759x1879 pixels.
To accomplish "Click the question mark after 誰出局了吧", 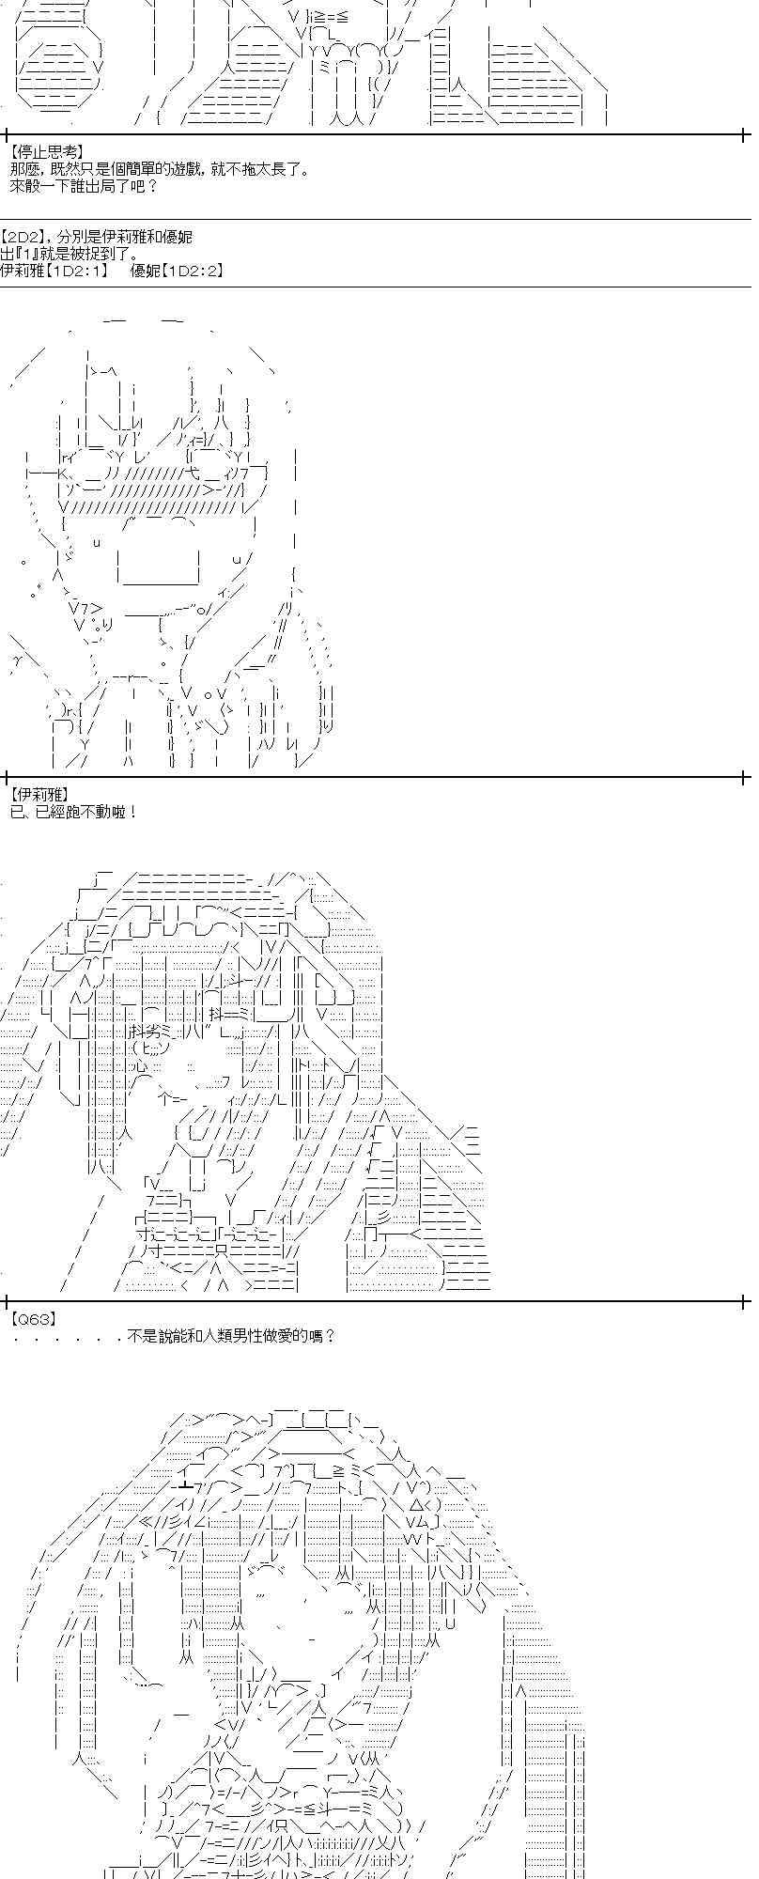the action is click(x=153, y=186).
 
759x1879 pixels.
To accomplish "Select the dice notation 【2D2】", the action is click(x=24, y=238).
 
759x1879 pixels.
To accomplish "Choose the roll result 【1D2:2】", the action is click(x=193, y=272).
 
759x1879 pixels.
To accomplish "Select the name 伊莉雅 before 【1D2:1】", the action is click(x=23, y=272).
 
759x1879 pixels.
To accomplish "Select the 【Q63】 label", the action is click(x=31, y=1318).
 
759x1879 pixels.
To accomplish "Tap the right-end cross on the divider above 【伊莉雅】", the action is click(x=744, y=777).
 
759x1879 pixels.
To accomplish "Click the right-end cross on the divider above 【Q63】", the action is click(x=744, y=1301).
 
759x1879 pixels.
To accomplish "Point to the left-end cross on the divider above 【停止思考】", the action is click(x=8, y=134).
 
